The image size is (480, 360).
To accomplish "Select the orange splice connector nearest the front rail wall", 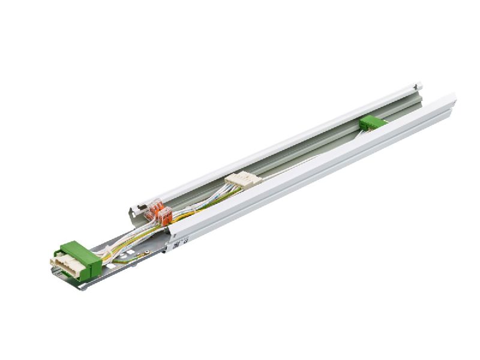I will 164,213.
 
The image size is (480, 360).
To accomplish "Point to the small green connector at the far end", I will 370,122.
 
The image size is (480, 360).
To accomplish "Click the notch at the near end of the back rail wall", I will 133,210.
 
